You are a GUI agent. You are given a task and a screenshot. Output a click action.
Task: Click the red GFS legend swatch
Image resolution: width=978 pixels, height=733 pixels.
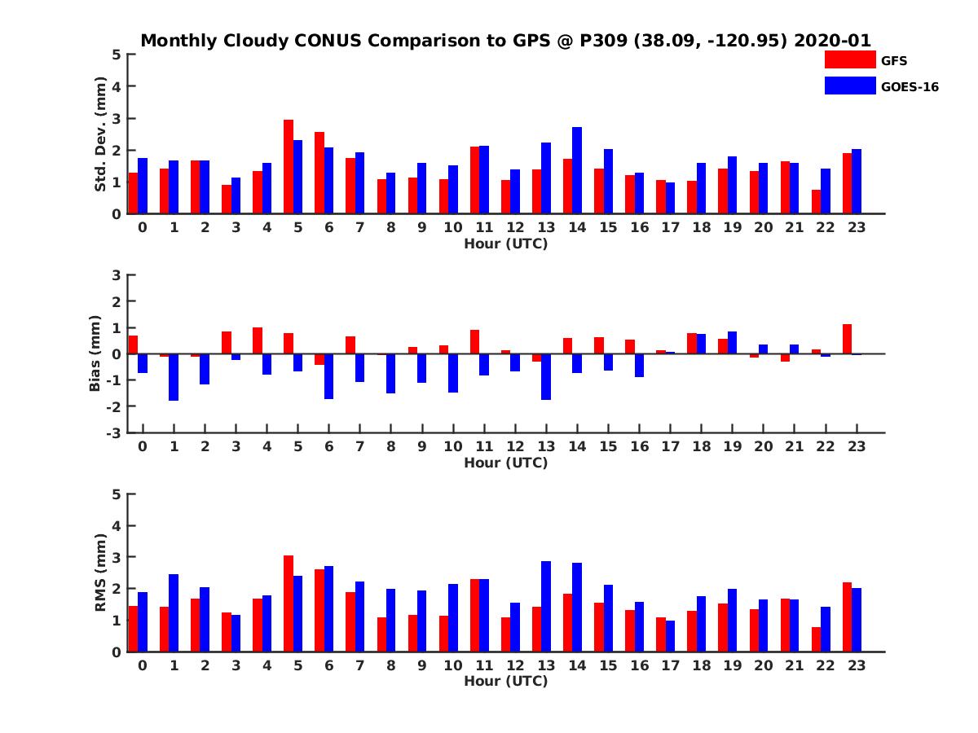(849, 59)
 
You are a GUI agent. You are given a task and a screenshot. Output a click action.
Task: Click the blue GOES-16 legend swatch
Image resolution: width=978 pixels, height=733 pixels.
(849, 86)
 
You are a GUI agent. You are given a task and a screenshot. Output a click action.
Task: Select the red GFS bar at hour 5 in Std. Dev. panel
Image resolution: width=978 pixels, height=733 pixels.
(289, 167)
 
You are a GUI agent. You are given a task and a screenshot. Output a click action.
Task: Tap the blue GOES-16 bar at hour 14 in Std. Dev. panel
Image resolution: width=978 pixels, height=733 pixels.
(577, 170)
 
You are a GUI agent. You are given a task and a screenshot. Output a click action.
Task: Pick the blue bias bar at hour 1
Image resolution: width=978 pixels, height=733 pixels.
(174, 377)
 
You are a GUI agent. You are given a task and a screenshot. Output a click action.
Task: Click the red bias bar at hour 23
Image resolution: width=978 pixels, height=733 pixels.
(847, 339)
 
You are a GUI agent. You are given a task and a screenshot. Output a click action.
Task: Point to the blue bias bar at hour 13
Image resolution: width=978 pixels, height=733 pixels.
(546, 376)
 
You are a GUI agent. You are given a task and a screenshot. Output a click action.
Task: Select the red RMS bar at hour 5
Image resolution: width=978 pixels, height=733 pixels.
(289, 604)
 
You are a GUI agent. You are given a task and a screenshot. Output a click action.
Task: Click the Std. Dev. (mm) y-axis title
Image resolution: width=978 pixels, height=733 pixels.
(101, 134)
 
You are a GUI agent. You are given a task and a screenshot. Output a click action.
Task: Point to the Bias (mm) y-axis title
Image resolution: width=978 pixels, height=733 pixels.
(95, 353)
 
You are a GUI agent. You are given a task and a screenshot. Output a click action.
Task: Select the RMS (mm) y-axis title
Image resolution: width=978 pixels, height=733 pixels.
(101, 573)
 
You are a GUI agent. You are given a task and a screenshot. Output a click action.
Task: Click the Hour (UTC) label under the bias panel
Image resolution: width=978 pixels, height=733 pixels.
(505, 463)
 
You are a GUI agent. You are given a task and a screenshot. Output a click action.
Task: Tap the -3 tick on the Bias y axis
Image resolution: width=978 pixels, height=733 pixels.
(115, 432)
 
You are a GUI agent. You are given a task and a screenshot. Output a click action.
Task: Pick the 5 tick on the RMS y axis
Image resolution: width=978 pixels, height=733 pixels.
(117, 494)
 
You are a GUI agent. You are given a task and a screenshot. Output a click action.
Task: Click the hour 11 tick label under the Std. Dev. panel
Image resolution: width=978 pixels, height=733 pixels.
(484, 227)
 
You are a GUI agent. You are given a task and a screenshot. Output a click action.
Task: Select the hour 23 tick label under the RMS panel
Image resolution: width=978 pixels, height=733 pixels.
(857, 665)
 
